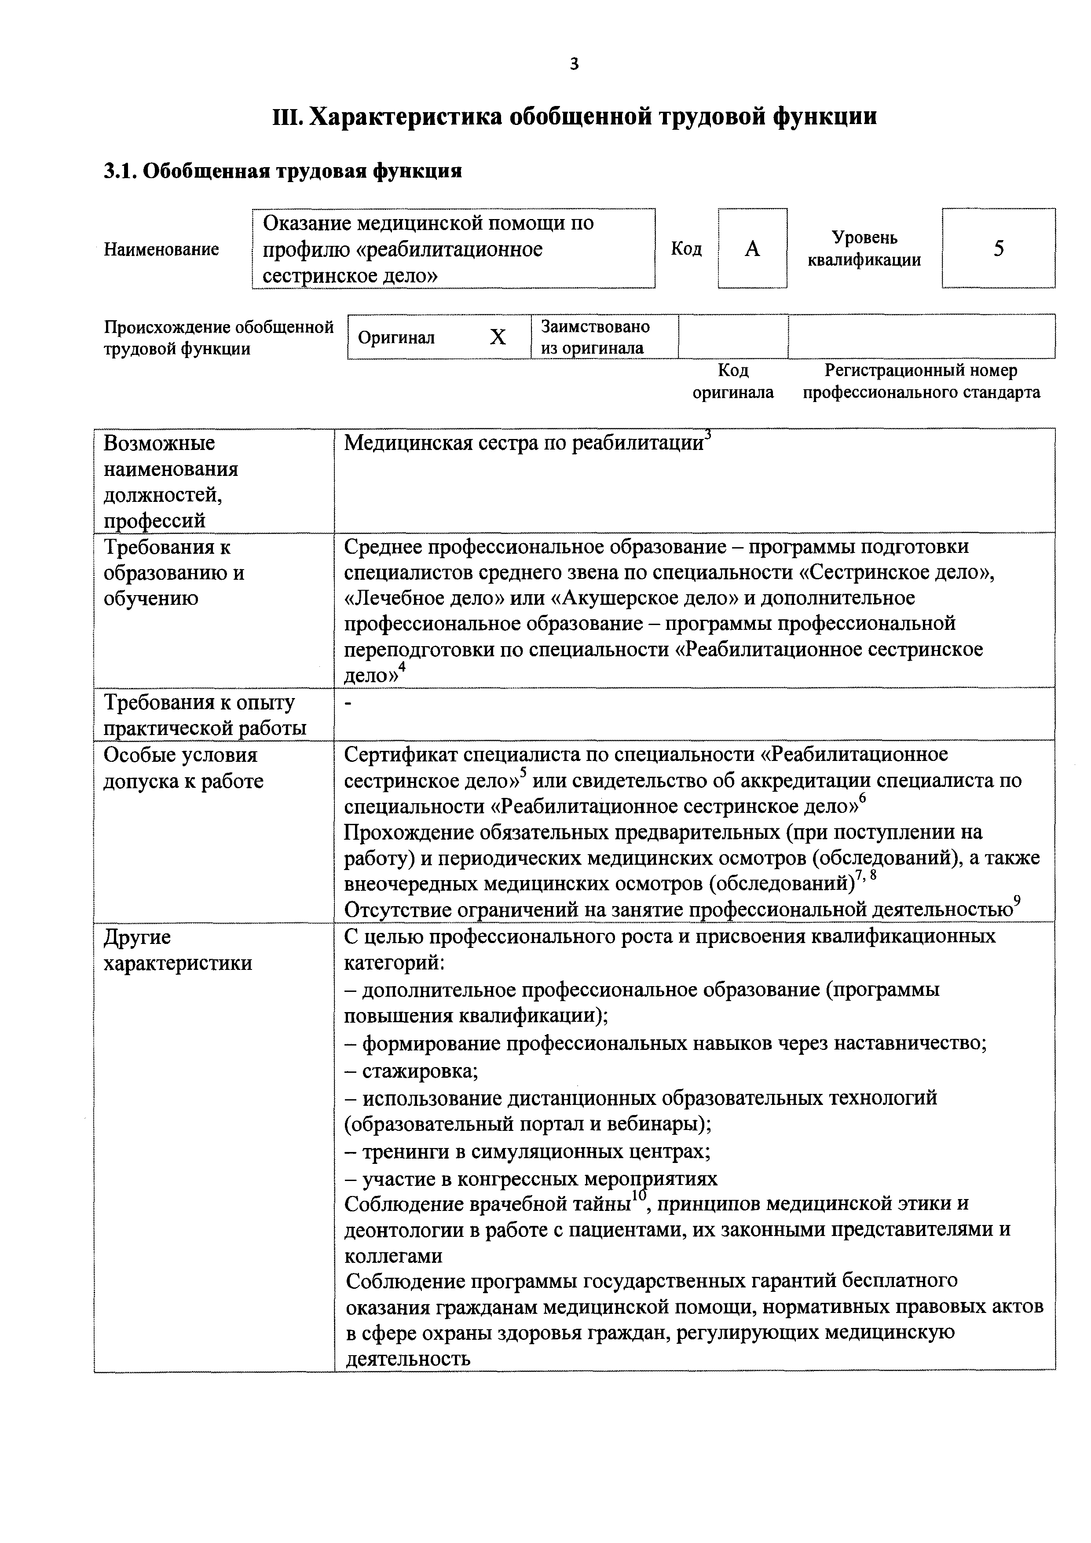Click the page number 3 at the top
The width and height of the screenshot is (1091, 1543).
click(573, 65)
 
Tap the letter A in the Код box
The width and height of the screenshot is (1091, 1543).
click(752, 249)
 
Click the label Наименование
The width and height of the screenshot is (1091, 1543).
click(161, 250)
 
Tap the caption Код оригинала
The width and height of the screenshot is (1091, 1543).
click(733, 382)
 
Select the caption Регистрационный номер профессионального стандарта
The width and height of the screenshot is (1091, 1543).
click(921, 382)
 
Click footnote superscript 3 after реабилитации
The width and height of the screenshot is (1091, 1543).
click(707, 434)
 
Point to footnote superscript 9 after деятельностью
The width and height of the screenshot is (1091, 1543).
click(1017, 900)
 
